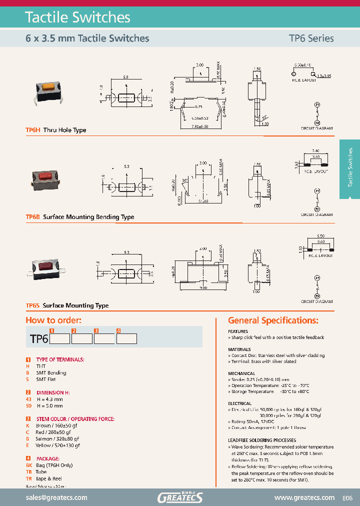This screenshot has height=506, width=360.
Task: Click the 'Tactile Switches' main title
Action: tap(77, 17)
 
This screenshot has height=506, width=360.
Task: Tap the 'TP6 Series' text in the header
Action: tap(310, 38)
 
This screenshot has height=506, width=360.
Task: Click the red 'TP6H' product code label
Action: tap(32, 130)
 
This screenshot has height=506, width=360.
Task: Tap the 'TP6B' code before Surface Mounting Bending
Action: tap(32, 217)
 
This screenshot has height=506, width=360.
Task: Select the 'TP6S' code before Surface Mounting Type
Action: tap(32, 305)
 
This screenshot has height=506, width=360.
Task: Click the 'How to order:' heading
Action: tap(53, 320)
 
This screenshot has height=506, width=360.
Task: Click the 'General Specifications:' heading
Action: tap(273, 320)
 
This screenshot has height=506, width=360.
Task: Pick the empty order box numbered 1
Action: tap(60, 338)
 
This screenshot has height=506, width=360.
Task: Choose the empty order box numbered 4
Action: tap(126, 338)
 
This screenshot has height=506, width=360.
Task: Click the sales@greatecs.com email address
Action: tap(56, 497)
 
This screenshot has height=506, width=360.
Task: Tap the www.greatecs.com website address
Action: tap(304, 497)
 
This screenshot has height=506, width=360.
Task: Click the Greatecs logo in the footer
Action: tap(180, 497)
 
